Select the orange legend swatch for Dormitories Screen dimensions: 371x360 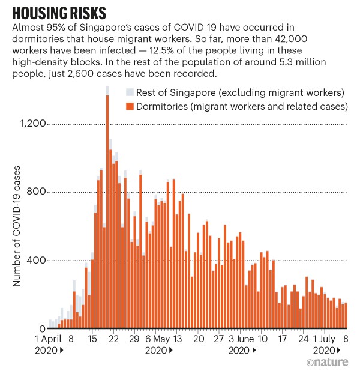[x=129, y=107]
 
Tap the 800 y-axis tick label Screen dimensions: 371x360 [x=38, y=192]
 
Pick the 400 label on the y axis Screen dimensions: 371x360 [x=38, y=261]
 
